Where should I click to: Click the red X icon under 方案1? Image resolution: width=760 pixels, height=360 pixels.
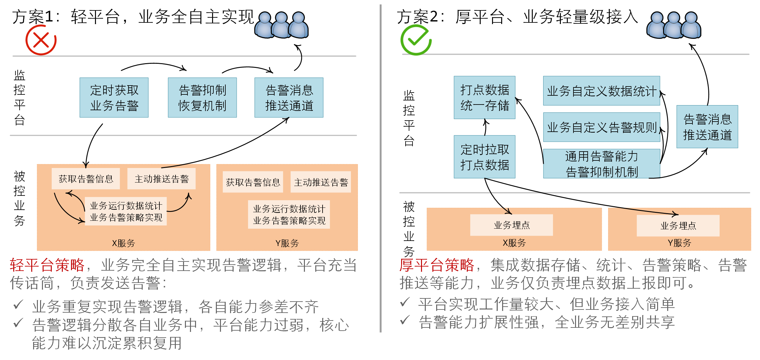click(41, 40)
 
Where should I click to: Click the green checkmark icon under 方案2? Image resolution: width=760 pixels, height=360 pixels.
click(416, 40)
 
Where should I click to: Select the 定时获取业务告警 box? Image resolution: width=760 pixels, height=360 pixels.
click(114, 98)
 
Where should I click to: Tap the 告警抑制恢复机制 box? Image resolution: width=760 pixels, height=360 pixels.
click(202, 98)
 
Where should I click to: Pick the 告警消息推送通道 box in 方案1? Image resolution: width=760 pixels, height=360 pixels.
click(289, 98)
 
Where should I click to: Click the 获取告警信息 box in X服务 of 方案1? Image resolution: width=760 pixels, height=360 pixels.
click(86, 179)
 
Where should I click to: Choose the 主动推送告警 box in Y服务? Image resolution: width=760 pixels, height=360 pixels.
click(321, 182)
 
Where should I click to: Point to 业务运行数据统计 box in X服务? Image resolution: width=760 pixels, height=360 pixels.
click(126, 211)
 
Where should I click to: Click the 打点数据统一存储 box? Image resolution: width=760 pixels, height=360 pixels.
click(484, 98)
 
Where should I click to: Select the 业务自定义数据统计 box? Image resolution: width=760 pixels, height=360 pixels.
click(601, 91)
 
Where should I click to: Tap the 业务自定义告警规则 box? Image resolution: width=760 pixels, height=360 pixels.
click(601, 127)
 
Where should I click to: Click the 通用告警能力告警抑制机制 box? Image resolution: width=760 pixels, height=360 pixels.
click(601, 164)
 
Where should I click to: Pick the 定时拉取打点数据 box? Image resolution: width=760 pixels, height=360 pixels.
click(484, 157)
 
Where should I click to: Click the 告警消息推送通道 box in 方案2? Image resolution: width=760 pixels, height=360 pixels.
click(707, 127)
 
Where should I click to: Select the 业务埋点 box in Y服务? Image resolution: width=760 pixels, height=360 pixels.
click(678, 225)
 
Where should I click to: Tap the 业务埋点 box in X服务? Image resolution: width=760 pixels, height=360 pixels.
click(511, 225)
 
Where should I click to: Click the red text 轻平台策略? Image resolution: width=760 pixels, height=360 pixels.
click(47, 265)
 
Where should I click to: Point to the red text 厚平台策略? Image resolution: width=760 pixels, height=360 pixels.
click(437, 265)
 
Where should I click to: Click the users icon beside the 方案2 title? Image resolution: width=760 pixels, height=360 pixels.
click(674, 25)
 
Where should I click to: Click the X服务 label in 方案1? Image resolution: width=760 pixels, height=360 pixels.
click(123, 243)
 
